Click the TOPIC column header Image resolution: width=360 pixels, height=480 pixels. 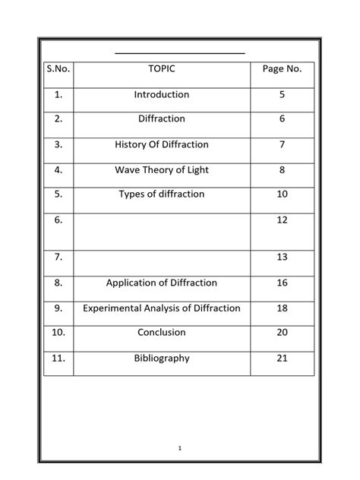click(162, 69)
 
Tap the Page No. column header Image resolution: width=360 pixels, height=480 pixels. click(282, 69)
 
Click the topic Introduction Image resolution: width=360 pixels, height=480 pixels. click(162, 95)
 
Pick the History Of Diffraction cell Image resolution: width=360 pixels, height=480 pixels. click(162, 144)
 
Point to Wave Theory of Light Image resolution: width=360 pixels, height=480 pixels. click(162, 169)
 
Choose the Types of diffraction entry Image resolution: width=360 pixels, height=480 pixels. click(162, 194)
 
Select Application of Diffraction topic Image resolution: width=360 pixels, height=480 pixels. click(162, 283)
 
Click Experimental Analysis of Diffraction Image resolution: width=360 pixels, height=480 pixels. click(162, 308)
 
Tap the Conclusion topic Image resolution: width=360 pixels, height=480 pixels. click(162, 333)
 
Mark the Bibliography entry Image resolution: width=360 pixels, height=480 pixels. click(162, 358)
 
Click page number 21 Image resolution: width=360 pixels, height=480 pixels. click(283, 358)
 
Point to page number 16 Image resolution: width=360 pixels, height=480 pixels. click(283, 283)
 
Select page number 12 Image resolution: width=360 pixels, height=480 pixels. click(283, 219)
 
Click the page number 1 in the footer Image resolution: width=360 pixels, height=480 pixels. click(179, 449)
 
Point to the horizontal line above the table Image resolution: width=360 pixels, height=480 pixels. click(180, 53)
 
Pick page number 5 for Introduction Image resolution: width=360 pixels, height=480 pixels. click(283, 95)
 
